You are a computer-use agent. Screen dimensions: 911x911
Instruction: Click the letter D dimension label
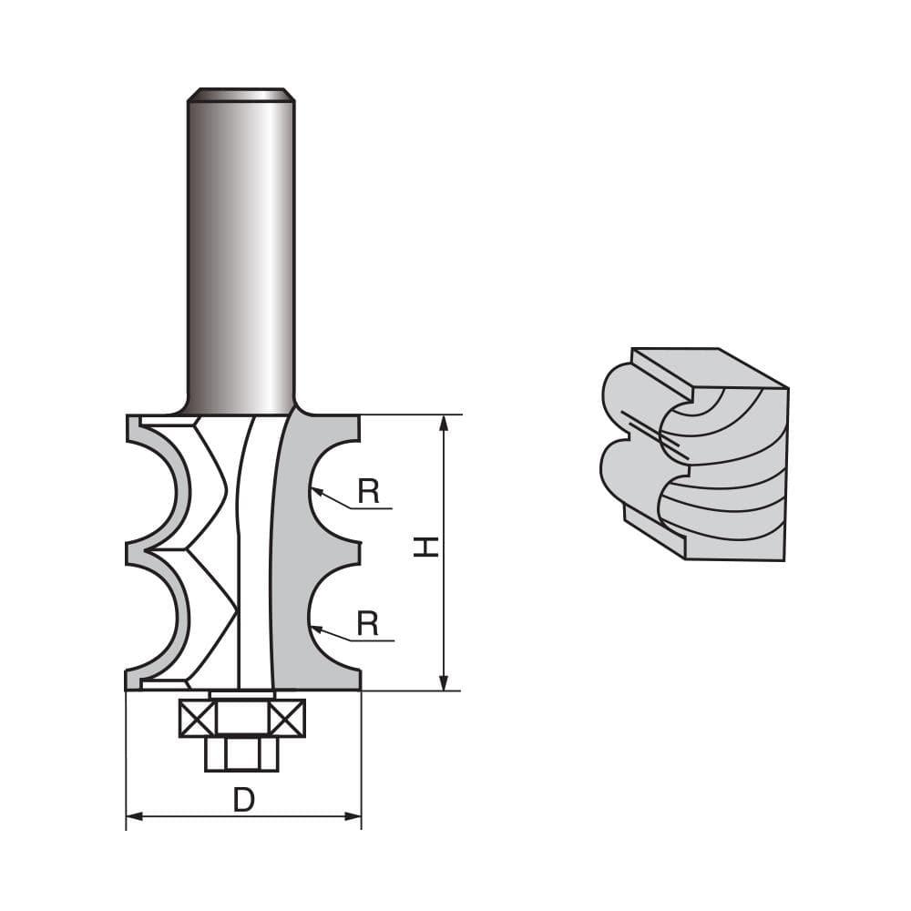(x=243, y=800)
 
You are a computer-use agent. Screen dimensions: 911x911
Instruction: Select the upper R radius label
(x=368, y=492)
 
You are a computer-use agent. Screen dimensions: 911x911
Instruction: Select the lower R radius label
(x=368, y=624)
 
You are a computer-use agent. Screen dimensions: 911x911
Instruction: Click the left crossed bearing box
(x=197, y=719)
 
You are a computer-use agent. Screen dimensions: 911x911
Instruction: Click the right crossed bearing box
(x=287, y=719)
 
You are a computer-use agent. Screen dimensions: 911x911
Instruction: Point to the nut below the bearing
(x=241, y=753)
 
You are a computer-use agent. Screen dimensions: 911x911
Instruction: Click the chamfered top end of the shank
(x=241, y=94)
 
